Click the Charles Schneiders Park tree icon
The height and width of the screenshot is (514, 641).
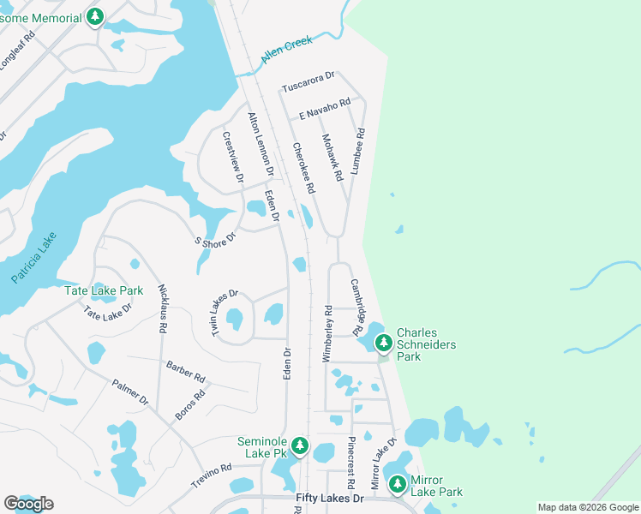[384, 343]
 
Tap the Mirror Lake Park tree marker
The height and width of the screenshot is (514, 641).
[398, 485]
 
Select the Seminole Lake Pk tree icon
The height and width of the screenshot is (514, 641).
[299, 445]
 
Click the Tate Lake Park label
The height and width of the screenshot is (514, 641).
[104, 290]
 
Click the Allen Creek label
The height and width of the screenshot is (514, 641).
[286, 52]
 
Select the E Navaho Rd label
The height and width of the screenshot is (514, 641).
[325, 109]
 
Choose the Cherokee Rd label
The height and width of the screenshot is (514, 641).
[303, 167]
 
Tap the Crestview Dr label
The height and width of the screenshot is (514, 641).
[233, 157]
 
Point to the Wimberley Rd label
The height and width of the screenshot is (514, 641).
[326, 332]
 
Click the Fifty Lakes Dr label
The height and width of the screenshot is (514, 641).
[330, 497]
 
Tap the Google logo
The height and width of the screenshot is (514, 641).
[28, 504]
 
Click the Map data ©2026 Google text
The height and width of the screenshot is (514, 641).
[587, 507]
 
